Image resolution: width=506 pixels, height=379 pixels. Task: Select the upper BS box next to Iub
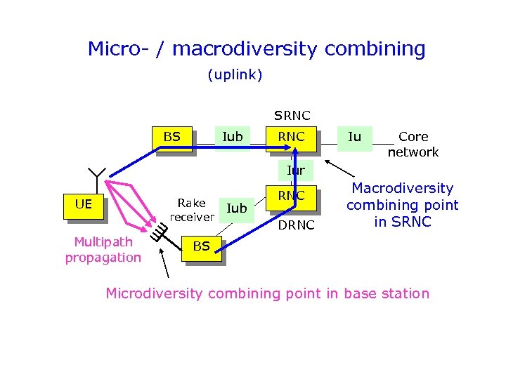(172, 137)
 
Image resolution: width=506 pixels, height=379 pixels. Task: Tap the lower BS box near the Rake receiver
(202, 246)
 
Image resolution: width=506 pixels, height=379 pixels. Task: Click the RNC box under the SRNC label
(291, 137)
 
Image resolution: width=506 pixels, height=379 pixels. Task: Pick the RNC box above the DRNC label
(291, 196)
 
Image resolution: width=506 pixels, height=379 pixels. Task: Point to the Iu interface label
(355, 137)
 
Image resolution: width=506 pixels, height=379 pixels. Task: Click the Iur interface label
(296, 170)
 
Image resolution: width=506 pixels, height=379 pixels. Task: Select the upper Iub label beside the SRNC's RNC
(233, 137)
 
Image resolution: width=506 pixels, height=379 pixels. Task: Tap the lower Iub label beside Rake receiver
(237, 208)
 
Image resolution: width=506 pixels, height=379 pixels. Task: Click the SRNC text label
(292, 115)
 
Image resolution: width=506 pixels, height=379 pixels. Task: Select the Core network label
(413, 144)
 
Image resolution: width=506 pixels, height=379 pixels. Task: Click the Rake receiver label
(191, 210)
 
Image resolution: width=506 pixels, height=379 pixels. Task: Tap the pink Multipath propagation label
(103, 249)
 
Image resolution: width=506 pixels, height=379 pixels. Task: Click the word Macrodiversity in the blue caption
(403, 188)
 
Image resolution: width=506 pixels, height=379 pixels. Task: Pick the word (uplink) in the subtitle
(235, 74)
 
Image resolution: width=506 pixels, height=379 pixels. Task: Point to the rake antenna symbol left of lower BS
(160, 229)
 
